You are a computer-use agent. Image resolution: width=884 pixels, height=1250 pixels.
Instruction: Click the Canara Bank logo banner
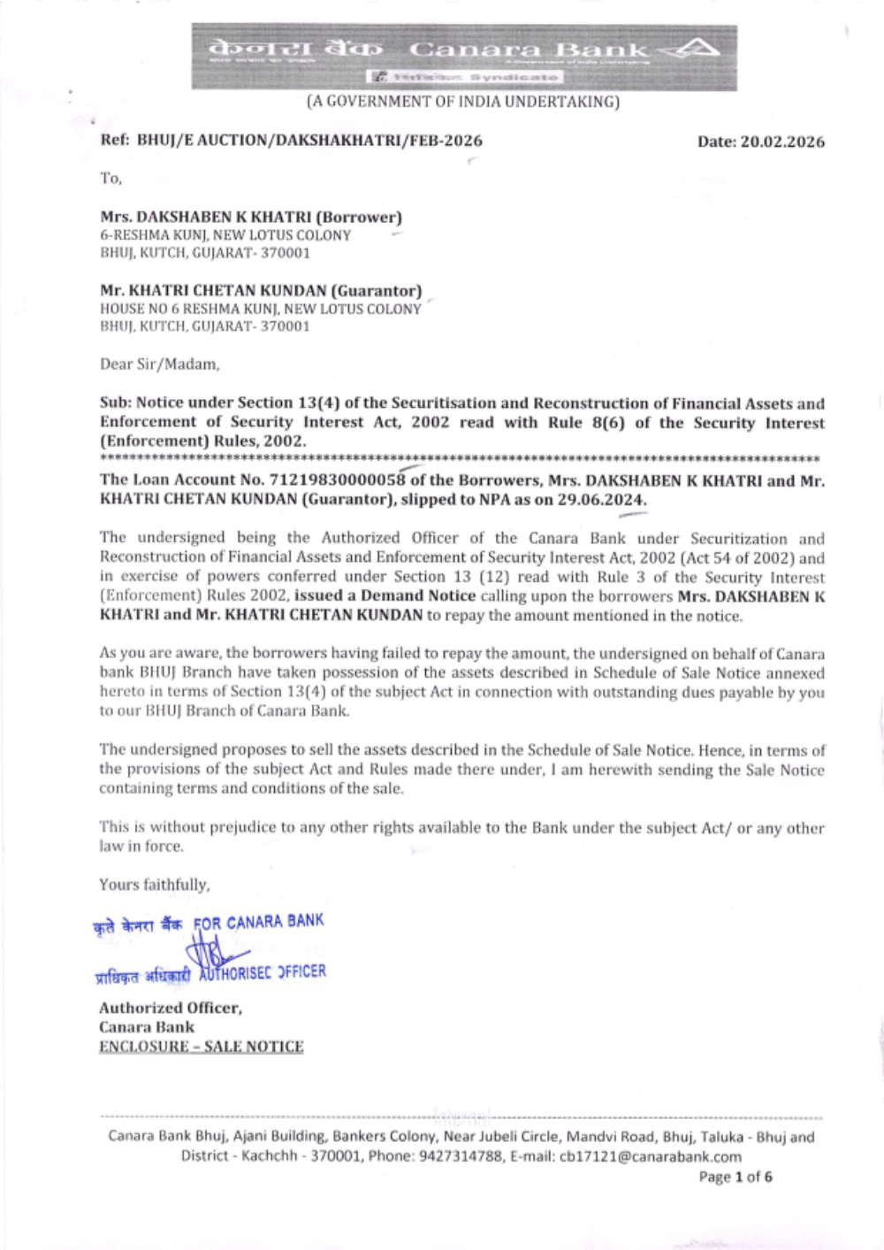click(x=464, y=57)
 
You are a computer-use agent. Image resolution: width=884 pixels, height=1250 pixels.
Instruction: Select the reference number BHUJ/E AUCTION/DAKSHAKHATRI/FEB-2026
click(x=309, y=140)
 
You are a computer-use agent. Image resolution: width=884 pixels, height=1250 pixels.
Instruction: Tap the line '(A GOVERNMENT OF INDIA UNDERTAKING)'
click(x=463, y=102)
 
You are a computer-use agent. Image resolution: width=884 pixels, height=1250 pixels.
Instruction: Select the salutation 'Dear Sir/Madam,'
click(x=159, y=364)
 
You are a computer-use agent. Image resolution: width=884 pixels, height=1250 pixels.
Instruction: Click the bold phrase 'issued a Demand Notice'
click(x=385, y=595)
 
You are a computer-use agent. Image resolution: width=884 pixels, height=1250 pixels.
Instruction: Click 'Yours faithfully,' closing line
click(x=155, y=885)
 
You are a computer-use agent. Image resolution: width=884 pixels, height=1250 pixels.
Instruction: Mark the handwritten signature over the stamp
click(x=212, y=954)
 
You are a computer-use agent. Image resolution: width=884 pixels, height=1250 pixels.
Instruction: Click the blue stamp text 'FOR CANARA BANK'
click(x=259, y=923)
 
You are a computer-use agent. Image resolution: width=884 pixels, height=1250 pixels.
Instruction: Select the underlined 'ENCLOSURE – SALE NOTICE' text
click(x=201, y=1047)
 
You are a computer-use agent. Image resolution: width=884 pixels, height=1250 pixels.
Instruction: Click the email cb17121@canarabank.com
click(x=651, y=1156)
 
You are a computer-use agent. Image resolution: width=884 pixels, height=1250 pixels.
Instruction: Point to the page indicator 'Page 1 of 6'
click(x=735, y=1177)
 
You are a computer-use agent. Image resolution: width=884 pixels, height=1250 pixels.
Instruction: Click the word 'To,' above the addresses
click(x=110, y=179)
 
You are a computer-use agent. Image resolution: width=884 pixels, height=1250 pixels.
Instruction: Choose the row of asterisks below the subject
click(x=460, y=459)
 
